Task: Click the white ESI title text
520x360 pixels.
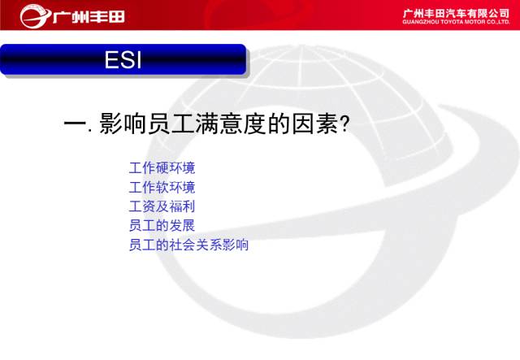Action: coord(123,59)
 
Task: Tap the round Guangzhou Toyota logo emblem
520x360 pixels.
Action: coord(34,16)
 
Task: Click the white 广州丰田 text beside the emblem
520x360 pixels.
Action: coord(89,16)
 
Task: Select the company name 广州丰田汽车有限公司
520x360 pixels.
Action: coord(456,13)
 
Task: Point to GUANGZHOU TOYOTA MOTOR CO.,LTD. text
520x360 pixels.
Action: coord(456,22)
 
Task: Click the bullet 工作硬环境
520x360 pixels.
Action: coord(162,168)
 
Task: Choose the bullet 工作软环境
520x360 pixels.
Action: coord(162,187)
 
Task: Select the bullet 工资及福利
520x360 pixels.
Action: coord(162,206)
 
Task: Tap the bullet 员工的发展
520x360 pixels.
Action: coord(162,226)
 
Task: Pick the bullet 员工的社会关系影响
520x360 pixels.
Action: coord(188,245)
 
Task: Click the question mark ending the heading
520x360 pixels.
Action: coord(344,124)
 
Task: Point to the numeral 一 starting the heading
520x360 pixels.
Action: coord(76,124)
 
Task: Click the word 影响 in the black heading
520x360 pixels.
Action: coord(123,124)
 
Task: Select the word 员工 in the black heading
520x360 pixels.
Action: coord(171,124)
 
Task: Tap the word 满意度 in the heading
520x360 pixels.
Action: coord(231,124)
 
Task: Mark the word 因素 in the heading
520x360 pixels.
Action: coord(315,124)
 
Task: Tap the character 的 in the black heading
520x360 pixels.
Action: coord(279,124)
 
